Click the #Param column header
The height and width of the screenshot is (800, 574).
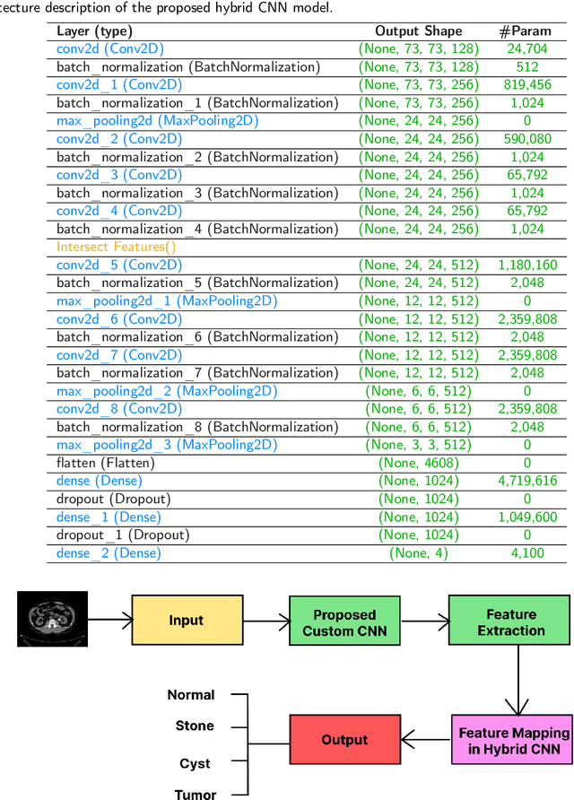pos(526,30)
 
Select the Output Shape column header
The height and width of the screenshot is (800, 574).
pos(418,30)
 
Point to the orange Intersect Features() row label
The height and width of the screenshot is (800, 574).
pos(117,247)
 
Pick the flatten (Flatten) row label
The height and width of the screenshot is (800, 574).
pos(106,463)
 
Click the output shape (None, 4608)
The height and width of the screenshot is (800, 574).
pos(418,463)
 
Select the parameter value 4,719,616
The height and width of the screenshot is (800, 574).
pos(526,481)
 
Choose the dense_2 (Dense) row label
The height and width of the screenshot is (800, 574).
pos(109,553)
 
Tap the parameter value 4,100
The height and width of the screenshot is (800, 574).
pos(526,553)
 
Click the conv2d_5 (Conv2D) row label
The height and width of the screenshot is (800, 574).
pos(119,265)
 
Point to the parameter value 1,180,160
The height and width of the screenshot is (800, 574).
pos(526,265)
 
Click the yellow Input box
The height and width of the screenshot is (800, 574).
pos(187,621)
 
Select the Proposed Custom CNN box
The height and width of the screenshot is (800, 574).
pos(344,622)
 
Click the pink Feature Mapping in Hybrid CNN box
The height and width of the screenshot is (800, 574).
pos(509,741)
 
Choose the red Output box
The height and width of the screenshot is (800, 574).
pos(344,740)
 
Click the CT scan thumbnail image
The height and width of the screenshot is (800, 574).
pos(53,619)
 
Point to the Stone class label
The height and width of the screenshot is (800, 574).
pos(195,726)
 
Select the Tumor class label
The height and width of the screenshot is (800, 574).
pos(195,794)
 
